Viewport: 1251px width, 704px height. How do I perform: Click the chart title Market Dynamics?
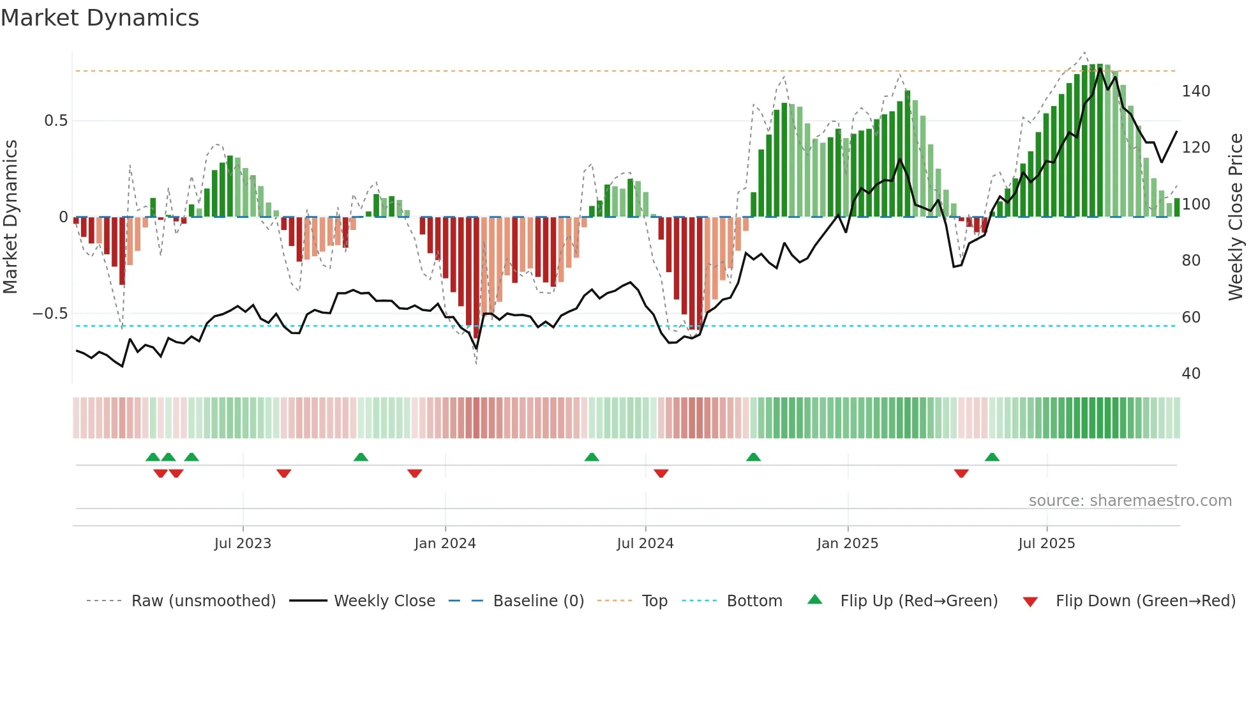pyautogui.click(x=100, y=18)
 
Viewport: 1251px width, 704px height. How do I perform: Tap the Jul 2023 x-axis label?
pyautogui.click(x=243, y=544)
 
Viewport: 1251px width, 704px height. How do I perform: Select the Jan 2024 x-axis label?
pyautogui.click(x=445, y=544)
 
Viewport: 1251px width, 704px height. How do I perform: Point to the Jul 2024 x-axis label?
pyautogui.click(x=645, y=544)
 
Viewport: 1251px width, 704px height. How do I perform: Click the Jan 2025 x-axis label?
pyautogui.click(x=848, y=544)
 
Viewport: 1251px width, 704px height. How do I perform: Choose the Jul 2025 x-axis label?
pyautogui.click(x=1047, y=544)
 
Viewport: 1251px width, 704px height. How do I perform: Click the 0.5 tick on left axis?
pyautogui.click(x=56, y=121)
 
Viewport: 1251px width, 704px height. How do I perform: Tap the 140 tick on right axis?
pyautogui.click(x=1195, y=91)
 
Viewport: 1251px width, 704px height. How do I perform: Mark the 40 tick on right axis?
pyautogui.click(x=1191, y=374)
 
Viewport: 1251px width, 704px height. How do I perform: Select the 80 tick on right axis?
pyautogui.click(x=1191, y=261)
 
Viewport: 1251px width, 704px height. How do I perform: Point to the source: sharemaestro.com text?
pyautogui.click(x=1130, y=501)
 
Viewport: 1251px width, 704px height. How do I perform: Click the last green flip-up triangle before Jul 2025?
pyautogui.click(x=992, y=457)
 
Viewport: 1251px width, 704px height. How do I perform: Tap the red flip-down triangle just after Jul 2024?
pyautogui.click(x=661, y=473)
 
